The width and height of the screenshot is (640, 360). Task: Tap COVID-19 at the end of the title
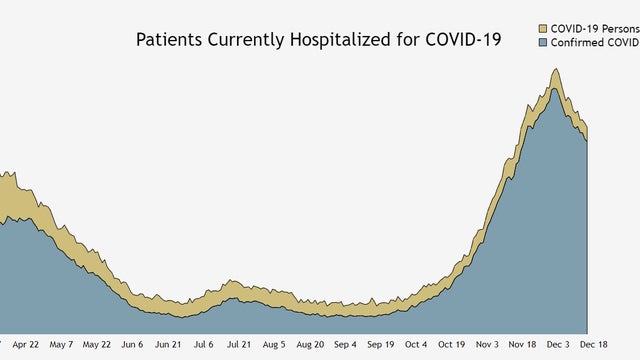(x=463, y=41)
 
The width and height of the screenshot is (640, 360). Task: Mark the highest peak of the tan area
(x=555, y=70)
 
